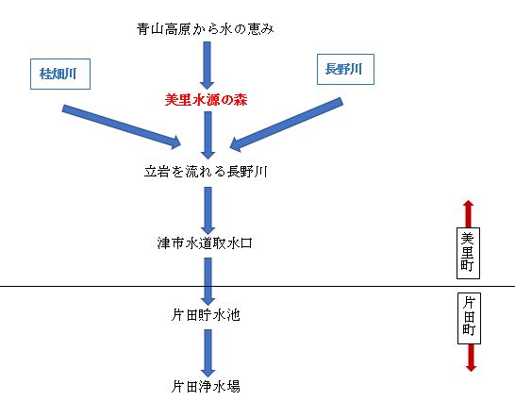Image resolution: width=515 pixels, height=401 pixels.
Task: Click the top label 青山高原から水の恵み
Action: (x=206, y=29)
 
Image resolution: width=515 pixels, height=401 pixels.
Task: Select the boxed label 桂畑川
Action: (x=60, y=74)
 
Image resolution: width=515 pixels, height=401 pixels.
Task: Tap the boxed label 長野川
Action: (x=345, y=69)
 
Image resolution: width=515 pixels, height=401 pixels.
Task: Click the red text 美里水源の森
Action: (x=206, y=99)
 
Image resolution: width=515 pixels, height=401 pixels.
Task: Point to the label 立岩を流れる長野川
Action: (x=206, y=172)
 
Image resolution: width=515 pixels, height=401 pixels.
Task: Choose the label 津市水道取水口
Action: (x=205, y=243)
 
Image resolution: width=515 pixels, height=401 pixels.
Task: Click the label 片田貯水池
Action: (x=206, y=315)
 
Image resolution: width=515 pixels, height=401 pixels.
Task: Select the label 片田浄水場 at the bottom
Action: (x=206, y=386)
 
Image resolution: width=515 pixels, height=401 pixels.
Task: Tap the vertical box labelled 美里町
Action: (x=468, y=253)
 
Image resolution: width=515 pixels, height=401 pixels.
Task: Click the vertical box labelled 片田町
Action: (x=469, y=318)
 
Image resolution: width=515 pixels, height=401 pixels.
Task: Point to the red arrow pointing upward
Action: (x=469, y=214)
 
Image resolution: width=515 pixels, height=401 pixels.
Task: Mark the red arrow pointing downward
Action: (x=471, y=358)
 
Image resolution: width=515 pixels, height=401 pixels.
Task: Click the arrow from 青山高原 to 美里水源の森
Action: (x=207, y=65)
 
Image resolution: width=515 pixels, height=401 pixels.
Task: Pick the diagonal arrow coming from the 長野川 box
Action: (x=287, y=125)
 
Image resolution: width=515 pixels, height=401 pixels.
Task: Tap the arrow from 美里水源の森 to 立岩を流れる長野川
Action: (x=208, y=135)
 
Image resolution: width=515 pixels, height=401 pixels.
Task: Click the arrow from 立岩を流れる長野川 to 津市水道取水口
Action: (x=208, y=210)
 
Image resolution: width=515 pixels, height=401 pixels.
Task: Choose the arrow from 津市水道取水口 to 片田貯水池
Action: (x=208, y=281)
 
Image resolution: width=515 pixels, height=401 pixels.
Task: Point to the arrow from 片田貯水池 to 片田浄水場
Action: (x=208, y=353)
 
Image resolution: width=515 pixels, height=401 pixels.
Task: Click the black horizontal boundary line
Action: (x=257, y=286)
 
